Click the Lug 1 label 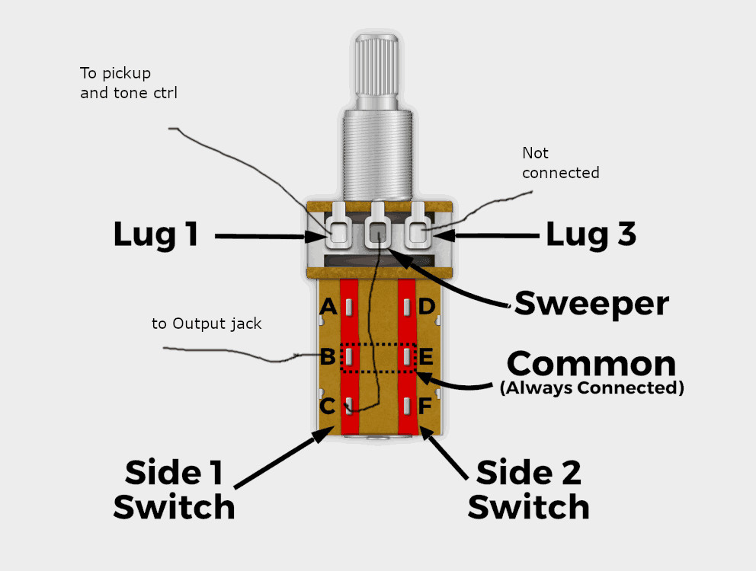[x=156, y=234]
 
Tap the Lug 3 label [x=591, y=235]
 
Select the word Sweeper [x=592, y=304]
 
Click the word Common [x=591, y=364]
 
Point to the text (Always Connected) [x=591, y=388]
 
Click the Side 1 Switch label [x=174, y=490]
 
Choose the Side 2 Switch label [x=528, y=490]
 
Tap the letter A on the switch [x=328, y=307]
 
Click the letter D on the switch [x=427, y=307]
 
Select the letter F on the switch [x=425, y=407]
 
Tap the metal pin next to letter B [x=348, y=356]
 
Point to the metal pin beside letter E [x=408, y=356]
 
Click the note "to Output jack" [x=207, y=324]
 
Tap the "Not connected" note [x=560, y=163]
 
